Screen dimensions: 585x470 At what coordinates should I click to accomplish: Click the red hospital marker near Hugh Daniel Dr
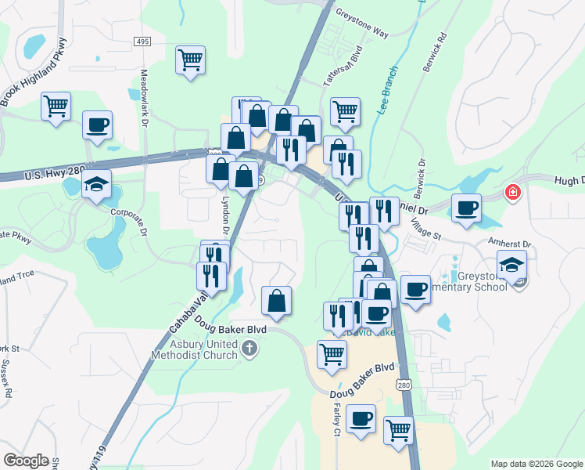coord(513,192)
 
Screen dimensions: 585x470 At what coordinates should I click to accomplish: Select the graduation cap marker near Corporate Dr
coord(96,185)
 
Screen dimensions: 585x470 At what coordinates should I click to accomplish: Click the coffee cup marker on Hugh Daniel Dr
coord(467,208)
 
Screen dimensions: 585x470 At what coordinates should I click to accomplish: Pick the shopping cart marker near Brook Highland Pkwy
coord(56,106)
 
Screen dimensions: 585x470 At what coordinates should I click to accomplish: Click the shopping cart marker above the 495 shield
coord(191,60)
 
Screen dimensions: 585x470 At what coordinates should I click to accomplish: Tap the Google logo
coord(26,461)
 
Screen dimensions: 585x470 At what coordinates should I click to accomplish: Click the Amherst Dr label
coord(509,244)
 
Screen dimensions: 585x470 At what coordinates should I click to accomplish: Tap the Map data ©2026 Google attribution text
coord(537,464)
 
